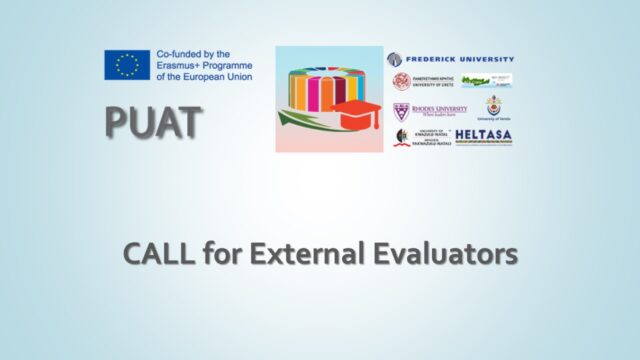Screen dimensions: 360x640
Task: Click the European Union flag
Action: pyautogui.click(x=126, y=65)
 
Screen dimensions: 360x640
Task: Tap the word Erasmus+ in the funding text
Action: pyautogui.click(x=178, y=65)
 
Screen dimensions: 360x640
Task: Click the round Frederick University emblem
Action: pyautogui.click(x=394, y=59)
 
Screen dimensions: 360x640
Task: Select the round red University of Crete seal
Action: pyautogui.click(x=400, y=82)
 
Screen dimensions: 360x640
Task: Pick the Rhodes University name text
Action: pyautogui.click(x=439, y=109)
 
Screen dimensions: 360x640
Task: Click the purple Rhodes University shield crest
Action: pyautogui.click(x=400, y=110)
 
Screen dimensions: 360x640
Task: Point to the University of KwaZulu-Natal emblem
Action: pyautogui.click(x=401, y=137)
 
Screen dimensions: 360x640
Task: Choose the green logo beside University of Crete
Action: pyautogui.click(x=477, y=81)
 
